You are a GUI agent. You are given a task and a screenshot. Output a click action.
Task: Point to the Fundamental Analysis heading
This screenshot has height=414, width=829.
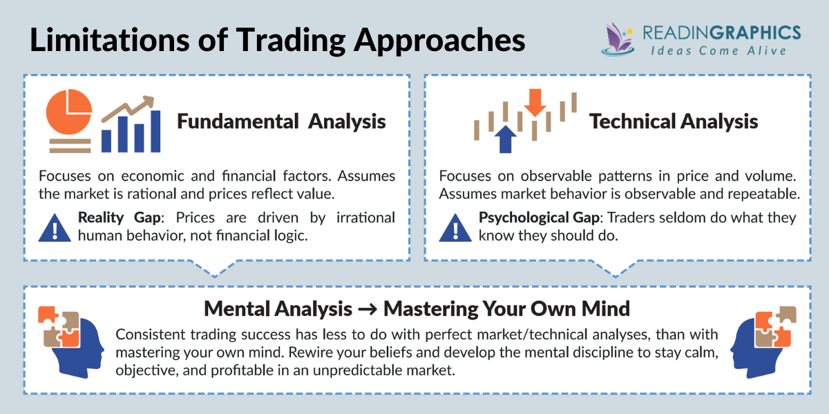281,121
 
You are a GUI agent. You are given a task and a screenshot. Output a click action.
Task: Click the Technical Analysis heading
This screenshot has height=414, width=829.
674,121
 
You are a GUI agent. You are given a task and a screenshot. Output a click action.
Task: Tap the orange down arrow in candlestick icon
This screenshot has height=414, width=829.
535,103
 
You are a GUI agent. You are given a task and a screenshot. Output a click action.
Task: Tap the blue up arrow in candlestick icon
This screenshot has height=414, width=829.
506,138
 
